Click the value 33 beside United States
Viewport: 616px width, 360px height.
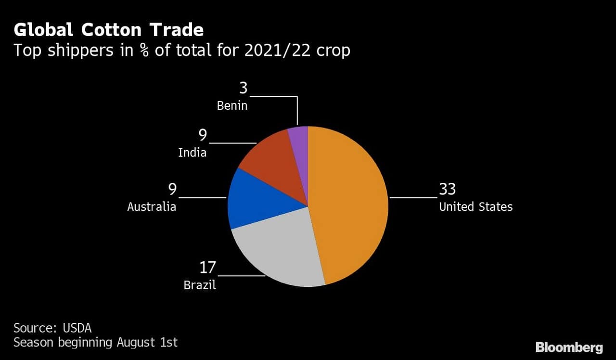click(x=447, y=189)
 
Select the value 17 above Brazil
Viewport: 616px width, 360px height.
click(x=208, y=267)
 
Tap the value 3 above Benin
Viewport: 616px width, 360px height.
click(x=243, y=88)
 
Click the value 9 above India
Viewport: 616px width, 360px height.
click(x=203, y=135)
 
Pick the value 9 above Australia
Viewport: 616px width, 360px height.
click(x=172, y=189)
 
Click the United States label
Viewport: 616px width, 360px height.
click(x=475, y=207)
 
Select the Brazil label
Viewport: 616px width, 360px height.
click(x=200, y=285)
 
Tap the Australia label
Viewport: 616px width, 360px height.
click(x=152, y=207)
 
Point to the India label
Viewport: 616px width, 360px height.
click(x=192, y=153)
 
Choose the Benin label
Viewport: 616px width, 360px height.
click(x=232, y=106)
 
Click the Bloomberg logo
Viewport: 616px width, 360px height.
click(x=569, y=347)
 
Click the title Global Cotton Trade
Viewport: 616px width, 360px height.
click(x=109, y=30)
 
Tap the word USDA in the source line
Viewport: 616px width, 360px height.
click(x=77, y=328)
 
